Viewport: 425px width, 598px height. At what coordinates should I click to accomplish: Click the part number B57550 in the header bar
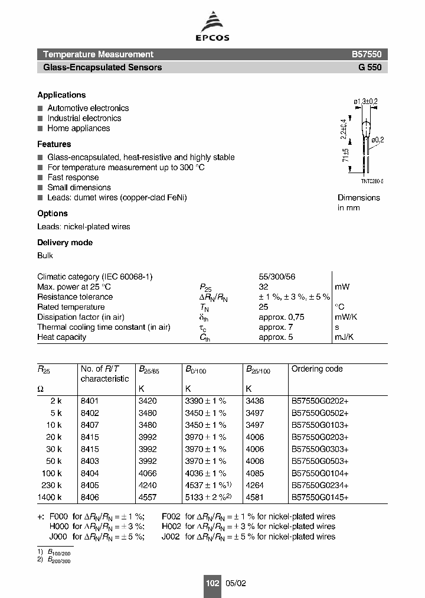tap(367, 54)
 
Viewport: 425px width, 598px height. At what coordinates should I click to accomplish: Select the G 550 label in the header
tap(370, 67)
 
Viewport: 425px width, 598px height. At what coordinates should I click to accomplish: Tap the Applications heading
tap(61, 95)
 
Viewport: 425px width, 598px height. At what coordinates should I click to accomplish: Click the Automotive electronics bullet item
tap(88, 108)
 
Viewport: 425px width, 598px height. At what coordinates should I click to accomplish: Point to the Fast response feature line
tap(73, 177)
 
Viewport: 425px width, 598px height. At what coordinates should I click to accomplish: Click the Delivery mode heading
tap(65, 243)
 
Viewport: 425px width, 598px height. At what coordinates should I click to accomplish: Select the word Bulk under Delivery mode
tap(45, 255)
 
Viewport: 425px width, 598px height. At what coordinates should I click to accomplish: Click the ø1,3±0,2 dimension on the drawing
tap(365, 102)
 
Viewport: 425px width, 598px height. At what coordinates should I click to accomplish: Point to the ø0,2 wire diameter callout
tap(376, 139)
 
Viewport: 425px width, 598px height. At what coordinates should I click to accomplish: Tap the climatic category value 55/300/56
tap(276, 277)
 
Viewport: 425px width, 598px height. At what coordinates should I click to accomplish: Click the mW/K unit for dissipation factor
tap(346, 317)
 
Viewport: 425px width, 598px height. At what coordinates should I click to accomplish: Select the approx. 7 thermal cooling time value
tap(276, 327)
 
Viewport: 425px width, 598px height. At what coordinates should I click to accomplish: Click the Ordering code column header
tap(317, 369)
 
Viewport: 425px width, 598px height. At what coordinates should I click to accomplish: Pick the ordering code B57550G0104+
tap(320, 473)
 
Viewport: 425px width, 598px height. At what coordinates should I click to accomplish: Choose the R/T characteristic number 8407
tap(90, 425)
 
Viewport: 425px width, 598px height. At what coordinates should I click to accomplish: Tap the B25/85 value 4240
tap(148, 485)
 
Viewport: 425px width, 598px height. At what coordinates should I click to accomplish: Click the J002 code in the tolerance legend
tap(171, 537)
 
